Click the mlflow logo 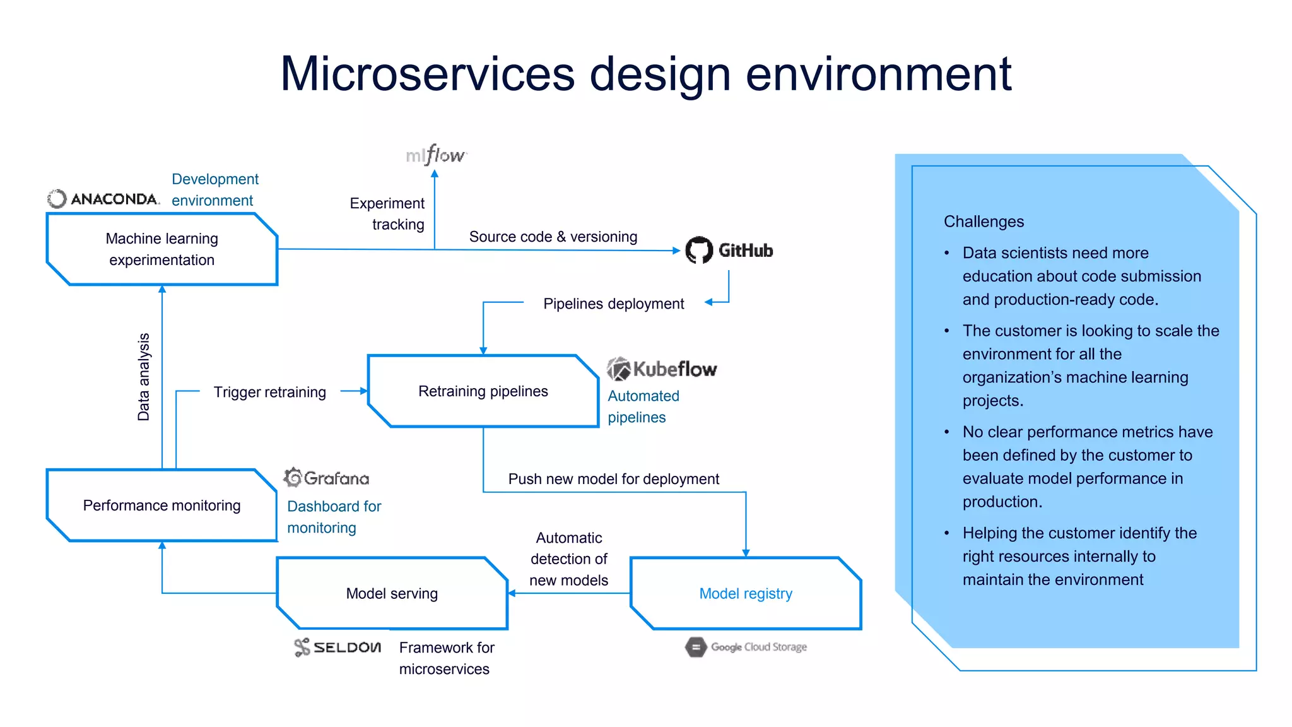436,155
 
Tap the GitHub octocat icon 699,251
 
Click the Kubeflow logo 662,369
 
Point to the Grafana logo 326,478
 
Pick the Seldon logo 338,647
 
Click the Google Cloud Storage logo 746,647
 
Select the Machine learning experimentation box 162,249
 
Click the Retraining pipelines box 483,391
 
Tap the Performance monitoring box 162,505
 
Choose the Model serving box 392,593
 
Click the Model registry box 746,593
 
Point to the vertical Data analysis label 144,377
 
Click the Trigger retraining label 269,392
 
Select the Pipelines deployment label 613,304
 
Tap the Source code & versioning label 553,237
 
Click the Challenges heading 984,222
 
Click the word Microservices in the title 427,74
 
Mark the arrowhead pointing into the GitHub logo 676,251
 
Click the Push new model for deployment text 613,479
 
